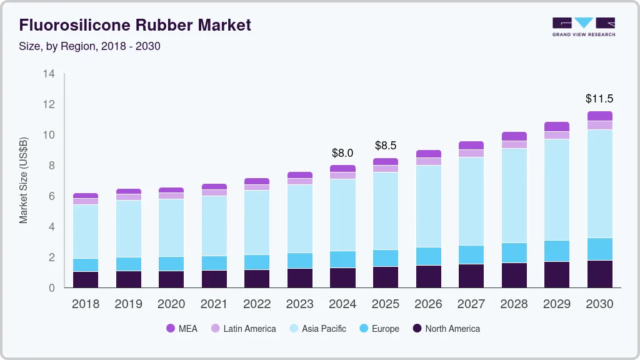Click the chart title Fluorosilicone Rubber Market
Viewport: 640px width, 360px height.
tap(135, 25)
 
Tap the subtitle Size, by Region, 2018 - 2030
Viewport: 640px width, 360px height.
tap(90, 46)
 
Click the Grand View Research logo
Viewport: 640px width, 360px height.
tap(583, 26)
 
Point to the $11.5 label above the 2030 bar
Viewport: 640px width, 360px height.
tap(599, 99)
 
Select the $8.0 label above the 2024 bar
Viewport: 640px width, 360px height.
tap(342, 152)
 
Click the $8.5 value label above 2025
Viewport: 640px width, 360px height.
tap(385, 146)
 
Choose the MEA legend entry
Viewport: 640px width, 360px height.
tap(182, 329)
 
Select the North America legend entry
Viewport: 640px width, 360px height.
tap(445, 329)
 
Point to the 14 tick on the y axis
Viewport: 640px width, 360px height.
tap(49, 74)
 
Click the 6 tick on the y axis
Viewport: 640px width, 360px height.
tap(52, 196)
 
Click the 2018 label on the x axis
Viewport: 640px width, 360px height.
tap(86, 304)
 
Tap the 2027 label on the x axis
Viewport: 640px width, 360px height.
tap(471, 304)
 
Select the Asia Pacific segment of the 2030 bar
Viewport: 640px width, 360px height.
tap(599, 184)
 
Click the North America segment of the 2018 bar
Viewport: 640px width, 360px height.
tap(86, 279)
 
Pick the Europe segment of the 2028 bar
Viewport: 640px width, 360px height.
tap(514, 252)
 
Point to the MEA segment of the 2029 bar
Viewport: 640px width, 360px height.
tap(556, 126)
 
